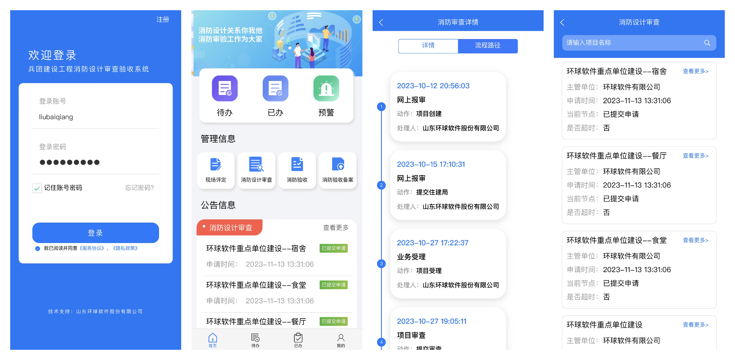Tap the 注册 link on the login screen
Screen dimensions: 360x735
pyautogui.click(x=163, y=20)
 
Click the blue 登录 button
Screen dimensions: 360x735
pyautogui.click(x=95, y=233)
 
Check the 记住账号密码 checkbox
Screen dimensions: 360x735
pyautogui.click(x=37, y=188)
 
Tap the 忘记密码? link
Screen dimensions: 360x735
pyautogui.click(x=139, y=188)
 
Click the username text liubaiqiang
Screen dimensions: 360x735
pyautogui.click(x=56, y=117)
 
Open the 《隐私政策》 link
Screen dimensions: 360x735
pyautogui.click(x=125, y=248)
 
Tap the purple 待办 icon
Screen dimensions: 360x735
pyautogui.click(x=225, y=88)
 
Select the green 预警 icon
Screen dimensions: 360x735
pyautogui.click(x=326, y=88)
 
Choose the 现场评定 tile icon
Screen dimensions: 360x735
pyautogui.click(x=216, y=165)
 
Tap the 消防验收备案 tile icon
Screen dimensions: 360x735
pyautogui.click(x=338, y=165)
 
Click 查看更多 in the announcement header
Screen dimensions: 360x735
pyautogui.click(x=336, y=228)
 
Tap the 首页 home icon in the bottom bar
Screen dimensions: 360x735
pyautogui.click(x=213, y=338)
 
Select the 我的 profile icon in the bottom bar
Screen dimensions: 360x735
pyautogui.click(x=341, y=338)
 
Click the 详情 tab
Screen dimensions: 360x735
pyautogui.click(x=428, y=46)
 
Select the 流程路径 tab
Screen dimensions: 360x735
pyautogui.click(x=487, y=46)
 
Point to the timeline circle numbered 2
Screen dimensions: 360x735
pyautogui.click(x=381, y=185)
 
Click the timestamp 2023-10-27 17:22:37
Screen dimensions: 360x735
pyautogui.click(x=433, y=243)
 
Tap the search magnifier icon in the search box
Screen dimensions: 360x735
pyautogui.click(x=707, y=43)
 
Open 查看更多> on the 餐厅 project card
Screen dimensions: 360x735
pyautogui.click(x=695, y=156)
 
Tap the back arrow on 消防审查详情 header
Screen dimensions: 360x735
pyautogui.click(x=381, y=22)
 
